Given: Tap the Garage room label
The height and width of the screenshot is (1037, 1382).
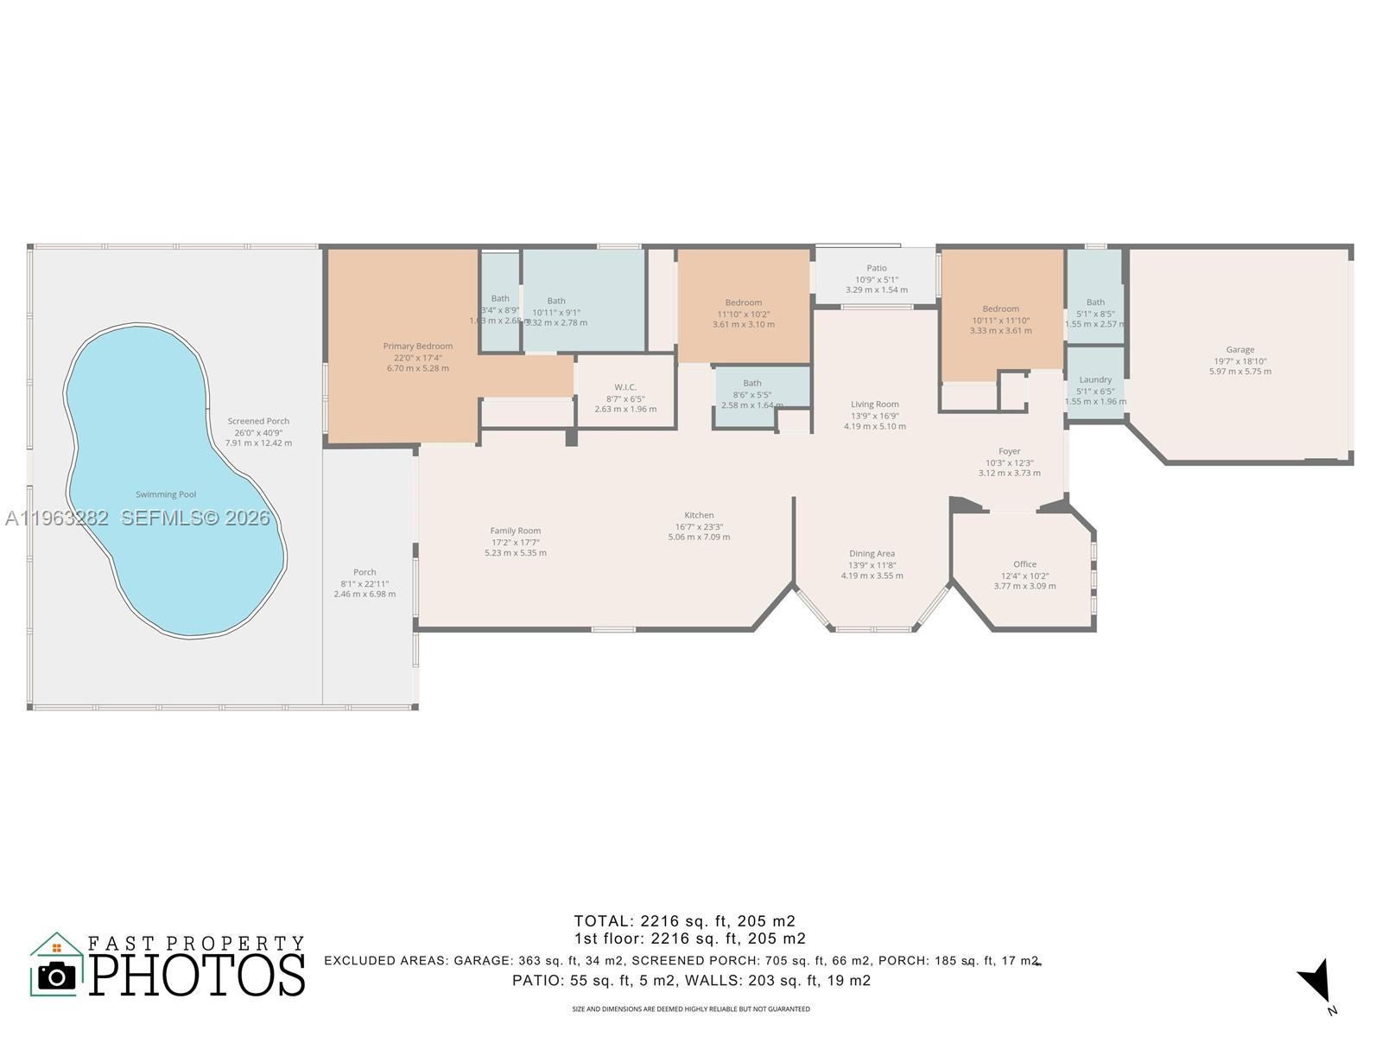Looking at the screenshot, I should [x=1239, y=350].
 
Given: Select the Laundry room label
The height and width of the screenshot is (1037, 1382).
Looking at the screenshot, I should [x=1095, y=379].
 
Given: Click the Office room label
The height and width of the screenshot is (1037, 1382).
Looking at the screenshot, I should [x=1024, y=564].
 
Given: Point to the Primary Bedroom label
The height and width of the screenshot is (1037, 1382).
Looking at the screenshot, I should [x=417, y=347].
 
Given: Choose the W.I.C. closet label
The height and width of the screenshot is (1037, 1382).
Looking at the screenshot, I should [x=625, y=387].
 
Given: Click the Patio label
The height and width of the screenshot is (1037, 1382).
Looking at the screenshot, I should [x=876, y=268].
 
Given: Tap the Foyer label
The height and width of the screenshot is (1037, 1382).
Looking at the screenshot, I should [x=1009, y=451].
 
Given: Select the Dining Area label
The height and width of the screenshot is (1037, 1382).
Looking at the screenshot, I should [x=872, y=554].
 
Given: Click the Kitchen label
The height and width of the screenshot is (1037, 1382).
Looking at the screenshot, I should [x=699, y=515].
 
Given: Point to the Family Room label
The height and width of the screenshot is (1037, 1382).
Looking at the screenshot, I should [x=515, y=531].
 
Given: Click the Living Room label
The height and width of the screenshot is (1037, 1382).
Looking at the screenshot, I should [x=874, y=404].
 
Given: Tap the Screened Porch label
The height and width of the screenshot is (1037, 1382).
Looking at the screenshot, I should [x=258, y=422].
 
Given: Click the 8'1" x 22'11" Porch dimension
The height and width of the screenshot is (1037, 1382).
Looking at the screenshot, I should [x=365, y=583].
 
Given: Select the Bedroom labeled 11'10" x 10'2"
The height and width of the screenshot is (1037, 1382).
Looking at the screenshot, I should [x=743, y=302].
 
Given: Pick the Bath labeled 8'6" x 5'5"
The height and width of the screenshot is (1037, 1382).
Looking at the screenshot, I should [x=751, y=384].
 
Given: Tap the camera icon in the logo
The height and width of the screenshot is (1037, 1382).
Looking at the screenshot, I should [x=57, y=976].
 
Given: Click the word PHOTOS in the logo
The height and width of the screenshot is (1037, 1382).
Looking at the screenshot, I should [x=197, y=975].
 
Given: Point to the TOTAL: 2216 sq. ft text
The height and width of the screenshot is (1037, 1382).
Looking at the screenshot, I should [x=684, y=921].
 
